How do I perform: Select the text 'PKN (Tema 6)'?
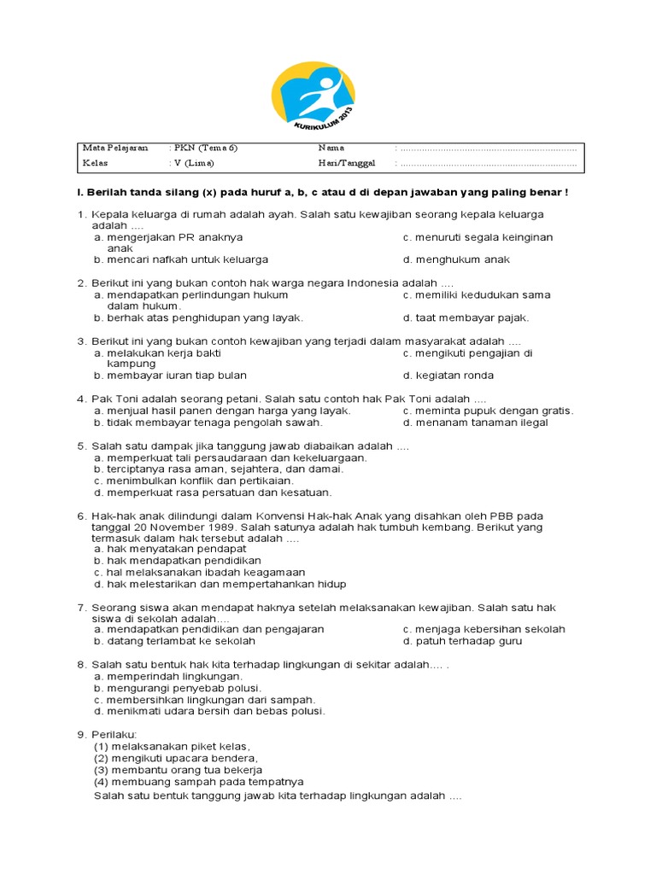click(x=205, y=148)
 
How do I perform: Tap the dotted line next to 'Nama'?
click(x=487, y=149)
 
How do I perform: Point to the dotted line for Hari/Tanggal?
click(x=487, y=163)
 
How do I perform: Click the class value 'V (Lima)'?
click(x=194, y=163)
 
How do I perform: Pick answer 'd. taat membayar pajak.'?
click(x=466, y=318)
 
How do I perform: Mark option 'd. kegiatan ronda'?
click(x=448, y=376)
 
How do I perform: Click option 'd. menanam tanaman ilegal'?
click(x=476, y=422)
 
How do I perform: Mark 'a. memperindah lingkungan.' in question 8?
click(x=163, y=676)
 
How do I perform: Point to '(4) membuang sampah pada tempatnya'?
click(x=198, y=781)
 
